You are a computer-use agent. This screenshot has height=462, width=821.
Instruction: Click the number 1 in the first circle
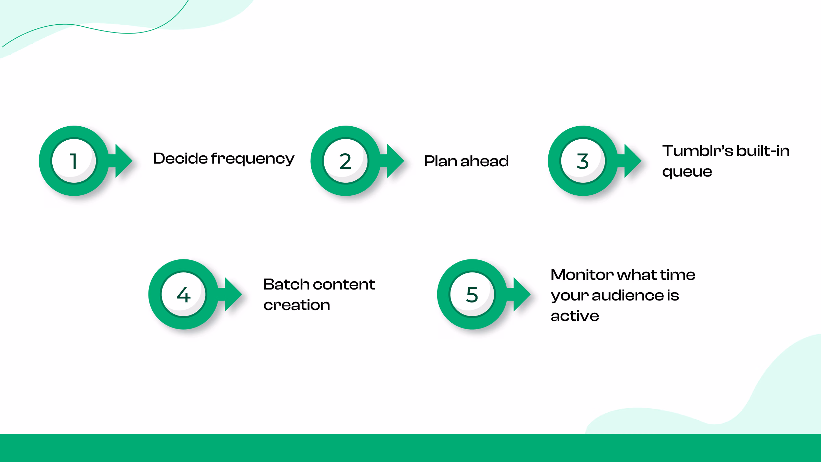click(x=74, y=161)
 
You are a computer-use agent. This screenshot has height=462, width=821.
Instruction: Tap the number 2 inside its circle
click(x=346, y=161)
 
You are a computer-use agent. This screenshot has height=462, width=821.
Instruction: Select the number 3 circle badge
click(x=583, y=161)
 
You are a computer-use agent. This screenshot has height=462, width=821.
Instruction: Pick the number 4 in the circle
click(x=184, y=295)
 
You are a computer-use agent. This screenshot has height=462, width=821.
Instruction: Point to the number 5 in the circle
click(x=472, y=295)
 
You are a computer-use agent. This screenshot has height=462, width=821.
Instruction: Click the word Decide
click(x=180, y=158)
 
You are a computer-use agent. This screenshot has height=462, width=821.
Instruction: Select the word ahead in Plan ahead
click(x=485, y=161)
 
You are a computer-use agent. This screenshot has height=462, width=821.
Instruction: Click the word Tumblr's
click(x=698, y=151)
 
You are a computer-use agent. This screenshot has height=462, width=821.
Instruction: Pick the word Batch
click(x=286, y=284)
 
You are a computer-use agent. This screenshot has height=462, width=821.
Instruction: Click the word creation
click(x=297, y=305)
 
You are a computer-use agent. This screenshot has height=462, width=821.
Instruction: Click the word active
click(x=575, y=316)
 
